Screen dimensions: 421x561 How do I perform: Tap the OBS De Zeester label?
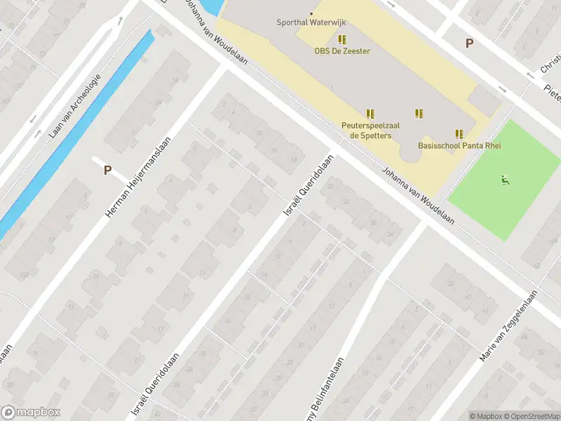pos(342,51)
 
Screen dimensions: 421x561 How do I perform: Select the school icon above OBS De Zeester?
pos(342,39)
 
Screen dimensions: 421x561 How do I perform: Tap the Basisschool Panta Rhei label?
pos(452,146)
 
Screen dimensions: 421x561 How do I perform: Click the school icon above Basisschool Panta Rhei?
pos(460,134)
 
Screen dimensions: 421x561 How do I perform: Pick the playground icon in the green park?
pos(505,180)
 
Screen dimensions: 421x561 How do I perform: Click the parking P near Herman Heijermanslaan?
pos(107,170)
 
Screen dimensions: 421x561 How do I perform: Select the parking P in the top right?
pos(469,44)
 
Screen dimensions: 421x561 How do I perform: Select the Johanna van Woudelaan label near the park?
pos(417,196)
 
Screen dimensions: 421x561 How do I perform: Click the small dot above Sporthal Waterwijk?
pos(312,13)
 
